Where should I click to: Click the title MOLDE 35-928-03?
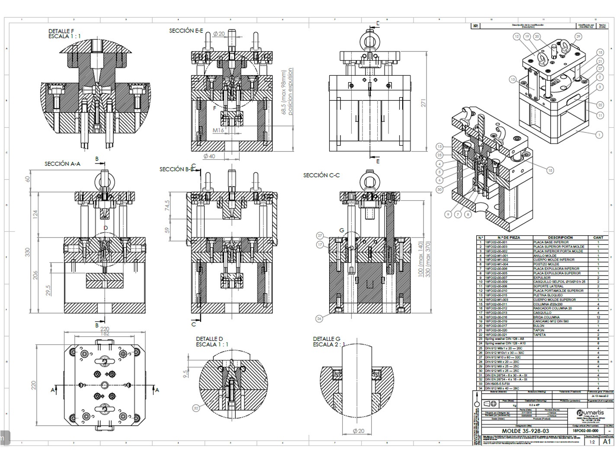pyautogui.click(x=525, y=431)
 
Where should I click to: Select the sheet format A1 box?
pyautogui.click(x=607, y=441)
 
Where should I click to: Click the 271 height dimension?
pyautogui.click(x=423, y=103)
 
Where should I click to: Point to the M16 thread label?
pyautogui.click(x=218, y=130)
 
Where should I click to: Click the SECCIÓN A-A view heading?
pyautogui.click(x=62, y=164)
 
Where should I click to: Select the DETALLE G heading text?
pyautogui.click(x=327, y=339)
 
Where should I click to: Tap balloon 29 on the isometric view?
pyautogui.click(x=578, y=37)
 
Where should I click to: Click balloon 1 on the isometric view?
pyautogui.click(x=599, y=135)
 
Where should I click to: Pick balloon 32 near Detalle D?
pyautogui.click(x=196, y=408)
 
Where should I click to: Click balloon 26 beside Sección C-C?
pyautogui.click(x=319, y=319)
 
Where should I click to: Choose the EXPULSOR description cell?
pyautogui.click(x=542, y=278)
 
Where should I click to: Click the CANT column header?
pyautogui.click(x=598, y=237)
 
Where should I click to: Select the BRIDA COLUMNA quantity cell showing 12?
pyautogui.click(x=598, y=317)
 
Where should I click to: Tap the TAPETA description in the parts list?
pyautogui.click(x=539, y=335)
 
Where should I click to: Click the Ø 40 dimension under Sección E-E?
pyautogui.click(x=209, y=156)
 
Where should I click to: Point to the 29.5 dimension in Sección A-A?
pyautogui.click(x=48, y=290)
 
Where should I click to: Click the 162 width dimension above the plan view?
pyautogui.click(x=105, y=334)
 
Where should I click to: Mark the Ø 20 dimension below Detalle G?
pyautogui.click(x=359, y=431)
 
